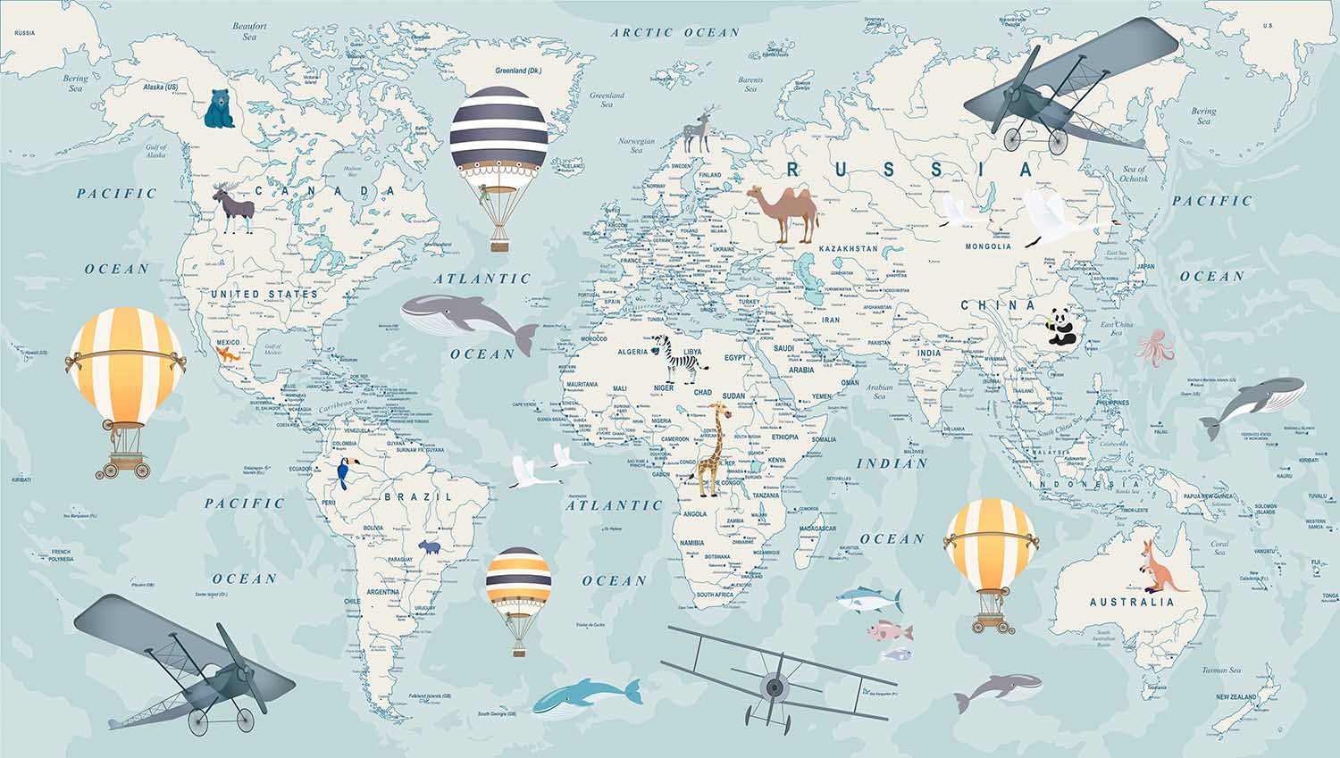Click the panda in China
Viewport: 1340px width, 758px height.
coord(1060,327)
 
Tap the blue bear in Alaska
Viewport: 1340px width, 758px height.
coord(218,109)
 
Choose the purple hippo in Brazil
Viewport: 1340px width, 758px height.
coord(431,546)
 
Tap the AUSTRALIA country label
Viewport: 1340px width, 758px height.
coord(1132,603)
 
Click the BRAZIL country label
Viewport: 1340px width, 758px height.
coord(417,496)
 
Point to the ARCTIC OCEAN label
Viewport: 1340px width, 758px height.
coord(675,33)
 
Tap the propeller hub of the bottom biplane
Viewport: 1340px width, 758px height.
coord(774,687)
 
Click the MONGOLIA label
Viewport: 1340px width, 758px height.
coord(988,246)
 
